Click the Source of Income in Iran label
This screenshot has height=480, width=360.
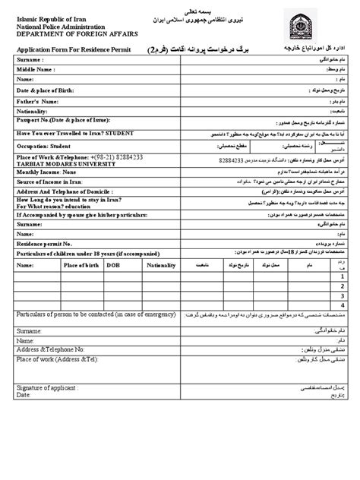click(52, 183)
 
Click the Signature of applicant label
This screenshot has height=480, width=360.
click(49, 387)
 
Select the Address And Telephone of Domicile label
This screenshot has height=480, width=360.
click(69, 194)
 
